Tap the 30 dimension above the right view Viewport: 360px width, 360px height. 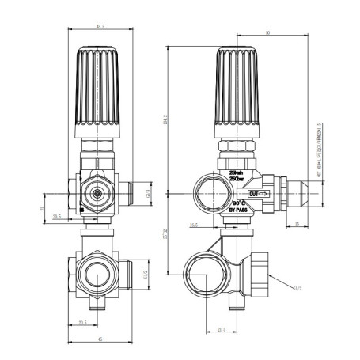click(x=268, y=32)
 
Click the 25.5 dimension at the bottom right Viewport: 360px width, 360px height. click(x=222, y=329)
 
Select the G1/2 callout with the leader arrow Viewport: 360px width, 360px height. click(x=297, y=290)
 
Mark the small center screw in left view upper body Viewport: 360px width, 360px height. click(x=97, y=192)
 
